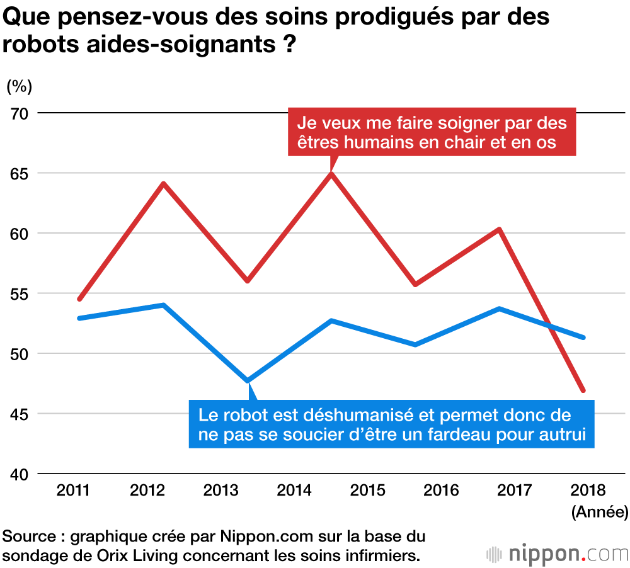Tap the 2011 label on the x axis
click(72, 490)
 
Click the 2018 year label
click(587, 490)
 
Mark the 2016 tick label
click(441, 490)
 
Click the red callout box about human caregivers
click(432, 132)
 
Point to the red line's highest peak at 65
click(331, 173)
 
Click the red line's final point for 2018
click(583, 390)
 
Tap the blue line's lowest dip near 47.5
click(248, 381)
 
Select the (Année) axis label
click(599, 512)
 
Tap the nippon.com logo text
click(558, 554)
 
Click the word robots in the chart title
click(42, 45)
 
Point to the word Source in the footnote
click(29, 537)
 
